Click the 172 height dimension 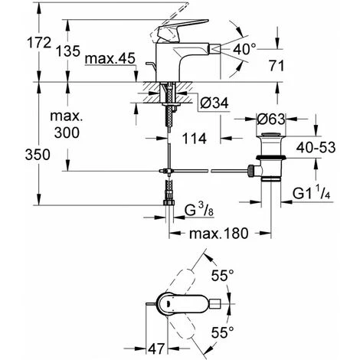click(x=39, y=43)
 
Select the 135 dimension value click(x=68, y=51)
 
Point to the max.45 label click(x=110, y=59)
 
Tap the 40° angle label click(x=244, y=49)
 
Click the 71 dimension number click(x=277, y=66)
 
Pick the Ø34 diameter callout click(x=214, y=103)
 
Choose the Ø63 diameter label click(x=271, y=119)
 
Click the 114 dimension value click(x=194, y=139)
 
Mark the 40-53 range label click(x=316, y=147)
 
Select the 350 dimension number click(x=38, y=155)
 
